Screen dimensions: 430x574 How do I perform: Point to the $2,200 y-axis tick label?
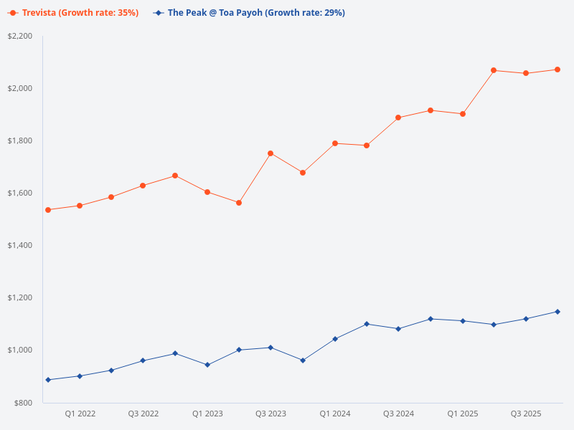[20, 36]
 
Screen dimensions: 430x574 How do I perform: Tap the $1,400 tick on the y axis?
[20, 245]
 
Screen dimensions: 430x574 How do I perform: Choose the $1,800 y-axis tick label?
[20, 140]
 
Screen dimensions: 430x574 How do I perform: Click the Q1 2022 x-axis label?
[80, 414]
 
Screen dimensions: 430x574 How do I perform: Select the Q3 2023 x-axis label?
[270, 414]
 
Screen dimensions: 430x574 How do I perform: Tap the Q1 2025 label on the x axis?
[463, 414]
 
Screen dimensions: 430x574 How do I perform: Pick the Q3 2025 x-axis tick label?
[526, 414]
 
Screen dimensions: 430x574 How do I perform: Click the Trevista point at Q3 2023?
[270, 153]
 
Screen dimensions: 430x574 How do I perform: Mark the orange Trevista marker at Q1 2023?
[207, 192]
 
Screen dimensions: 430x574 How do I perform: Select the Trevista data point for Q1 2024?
[335, 143]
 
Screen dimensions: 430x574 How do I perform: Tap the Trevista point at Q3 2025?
[526, 73]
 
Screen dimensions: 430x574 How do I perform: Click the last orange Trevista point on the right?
[557, 70]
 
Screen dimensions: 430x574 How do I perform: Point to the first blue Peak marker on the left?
[48, 380]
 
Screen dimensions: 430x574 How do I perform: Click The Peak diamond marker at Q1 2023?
[207, 365]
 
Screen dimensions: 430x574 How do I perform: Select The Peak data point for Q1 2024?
[335, 339]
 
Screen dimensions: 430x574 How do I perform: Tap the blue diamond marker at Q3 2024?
[398, 329]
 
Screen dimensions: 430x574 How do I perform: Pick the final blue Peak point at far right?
[557, 312]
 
